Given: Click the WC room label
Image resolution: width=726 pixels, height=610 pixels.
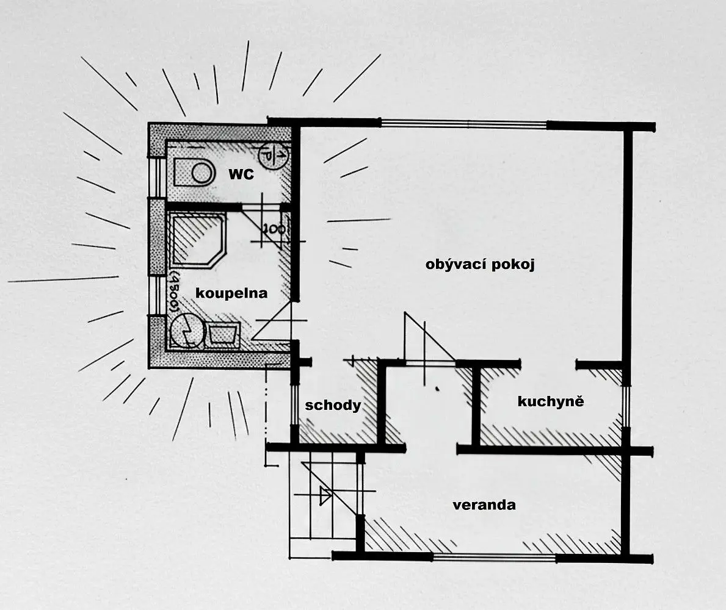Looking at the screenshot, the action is (x=241, y=174).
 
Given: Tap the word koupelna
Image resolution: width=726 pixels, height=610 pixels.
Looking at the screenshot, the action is (x=231, y=293).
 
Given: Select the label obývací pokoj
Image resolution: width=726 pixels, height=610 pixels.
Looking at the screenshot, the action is (x=480, y=265).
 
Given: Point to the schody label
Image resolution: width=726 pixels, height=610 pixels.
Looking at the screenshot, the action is (x=333, y=405).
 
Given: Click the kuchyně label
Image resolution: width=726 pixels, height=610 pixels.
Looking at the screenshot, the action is (x=551, y=401).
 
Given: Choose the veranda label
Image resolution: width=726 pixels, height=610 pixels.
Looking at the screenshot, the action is (x=484, y=504).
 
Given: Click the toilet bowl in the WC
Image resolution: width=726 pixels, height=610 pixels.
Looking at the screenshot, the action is (x=194, y=173).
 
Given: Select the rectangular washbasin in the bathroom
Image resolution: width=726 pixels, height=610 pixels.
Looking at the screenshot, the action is (x=223, y=334).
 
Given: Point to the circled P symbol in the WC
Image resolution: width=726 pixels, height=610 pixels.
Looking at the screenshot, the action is (x=274, y=156).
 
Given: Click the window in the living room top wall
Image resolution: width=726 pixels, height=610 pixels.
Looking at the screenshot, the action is (x=464, y=124).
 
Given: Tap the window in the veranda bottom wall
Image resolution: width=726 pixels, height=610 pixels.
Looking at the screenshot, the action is (x=495, y=558).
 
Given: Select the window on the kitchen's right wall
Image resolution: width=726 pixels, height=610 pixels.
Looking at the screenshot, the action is (x=626, y=406).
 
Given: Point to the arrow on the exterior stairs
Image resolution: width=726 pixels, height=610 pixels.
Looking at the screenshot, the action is (x=325, y=496).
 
